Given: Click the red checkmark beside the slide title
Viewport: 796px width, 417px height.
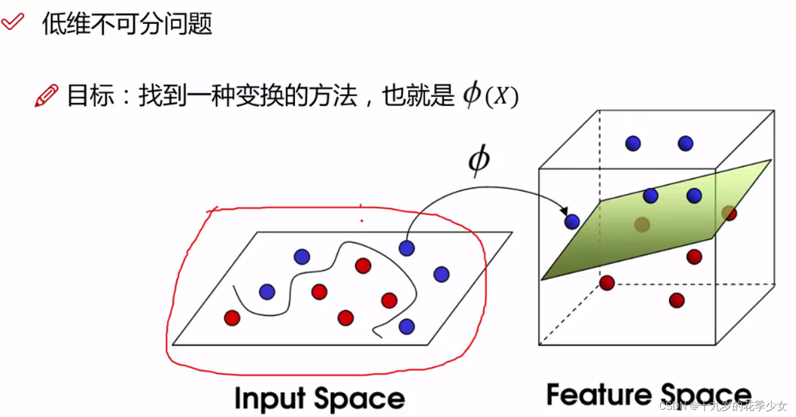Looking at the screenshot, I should click(x=12, y=22).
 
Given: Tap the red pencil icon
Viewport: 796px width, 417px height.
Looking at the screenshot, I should click(x=47, y=95).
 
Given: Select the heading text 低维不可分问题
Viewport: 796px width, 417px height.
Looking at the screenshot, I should click(x=127, y=24).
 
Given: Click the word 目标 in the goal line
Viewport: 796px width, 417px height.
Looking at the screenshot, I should click(x=83, y=96).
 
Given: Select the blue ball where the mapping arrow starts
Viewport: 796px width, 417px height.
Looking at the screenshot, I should click(x=406, y=248).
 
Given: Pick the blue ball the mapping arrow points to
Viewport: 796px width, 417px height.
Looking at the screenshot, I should click(x=572, y=222).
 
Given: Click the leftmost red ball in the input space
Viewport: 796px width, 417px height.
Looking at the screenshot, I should click(x=232, y=318).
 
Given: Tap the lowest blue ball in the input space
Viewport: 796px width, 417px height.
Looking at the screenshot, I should click(x=406, y=326).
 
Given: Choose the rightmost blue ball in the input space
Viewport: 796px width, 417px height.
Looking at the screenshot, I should click(x=441, y=274).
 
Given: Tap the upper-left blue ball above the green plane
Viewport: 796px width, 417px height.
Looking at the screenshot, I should click(x=632, y=143).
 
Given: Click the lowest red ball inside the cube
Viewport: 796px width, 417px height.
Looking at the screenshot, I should click(x=676, y=300).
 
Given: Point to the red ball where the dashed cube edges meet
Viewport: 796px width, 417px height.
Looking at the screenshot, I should click(x=607, y=283).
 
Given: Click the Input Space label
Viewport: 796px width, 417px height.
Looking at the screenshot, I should click(x=319, y=398).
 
